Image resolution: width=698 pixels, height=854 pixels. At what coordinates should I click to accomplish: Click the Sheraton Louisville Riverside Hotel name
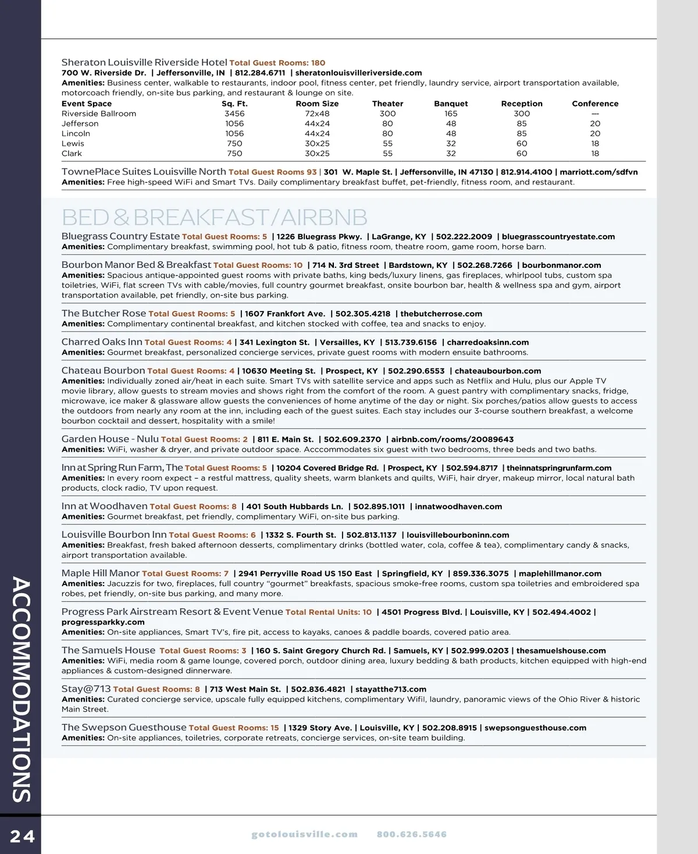(144, 62)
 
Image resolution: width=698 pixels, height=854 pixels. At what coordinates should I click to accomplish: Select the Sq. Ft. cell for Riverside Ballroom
(234, 114)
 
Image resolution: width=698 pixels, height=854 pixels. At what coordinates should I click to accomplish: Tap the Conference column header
(595, 104)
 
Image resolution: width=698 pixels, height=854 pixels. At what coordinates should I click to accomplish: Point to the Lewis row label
(73, 143)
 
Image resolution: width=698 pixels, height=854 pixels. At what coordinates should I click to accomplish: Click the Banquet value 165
(451, 114)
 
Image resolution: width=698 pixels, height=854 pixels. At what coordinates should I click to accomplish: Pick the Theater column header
(387, 104)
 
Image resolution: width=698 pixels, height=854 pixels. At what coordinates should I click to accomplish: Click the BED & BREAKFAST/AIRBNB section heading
(214, 217)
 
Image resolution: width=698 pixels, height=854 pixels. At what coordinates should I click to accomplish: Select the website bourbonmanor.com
(561, 265)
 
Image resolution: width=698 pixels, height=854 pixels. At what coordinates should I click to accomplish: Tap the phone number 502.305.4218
(363, 314)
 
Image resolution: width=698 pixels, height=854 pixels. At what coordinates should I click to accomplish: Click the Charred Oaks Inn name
(102, 342)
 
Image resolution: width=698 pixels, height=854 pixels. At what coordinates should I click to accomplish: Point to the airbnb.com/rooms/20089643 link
(452, 440)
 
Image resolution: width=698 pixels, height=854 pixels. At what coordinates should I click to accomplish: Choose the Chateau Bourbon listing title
(103, 370)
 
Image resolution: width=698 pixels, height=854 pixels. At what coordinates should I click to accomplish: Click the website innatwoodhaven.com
(458, 506)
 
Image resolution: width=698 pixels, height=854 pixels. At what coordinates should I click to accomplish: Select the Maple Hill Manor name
(101, 573)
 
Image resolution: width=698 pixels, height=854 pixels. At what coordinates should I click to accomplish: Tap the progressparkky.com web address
(103, 622)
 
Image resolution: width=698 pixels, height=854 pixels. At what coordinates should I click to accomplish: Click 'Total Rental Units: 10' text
(329, 612)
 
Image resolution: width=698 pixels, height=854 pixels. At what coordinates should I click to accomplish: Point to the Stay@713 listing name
(86, 689)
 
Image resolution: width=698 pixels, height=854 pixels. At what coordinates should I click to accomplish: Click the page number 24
(22, 837)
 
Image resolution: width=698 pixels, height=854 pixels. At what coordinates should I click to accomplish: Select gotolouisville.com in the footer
(304, 834)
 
